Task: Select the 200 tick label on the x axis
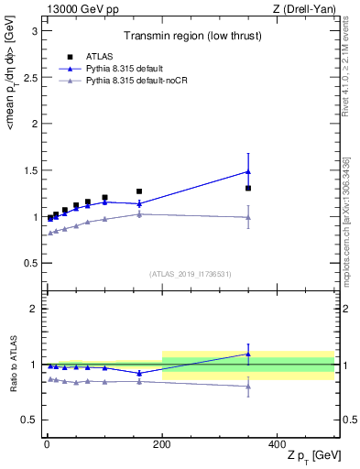tap(162, 443)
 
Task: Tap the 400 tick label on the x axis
tap(277, 443)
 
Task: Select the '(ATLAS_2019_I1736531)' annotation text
tap(190, 273)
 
